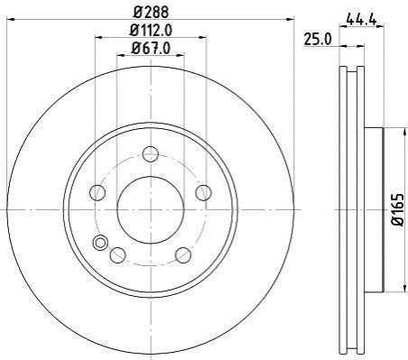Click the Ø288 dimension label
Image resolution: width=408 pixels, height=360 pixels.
click(151, 12)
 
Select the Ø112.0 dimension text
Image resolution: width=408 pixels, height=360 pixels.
click(151, 30)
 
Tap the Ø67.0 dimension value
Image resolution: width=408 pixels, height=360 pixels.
click(151, 48)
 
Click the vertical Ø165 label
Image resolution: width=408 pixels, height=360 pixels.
click(397, 209)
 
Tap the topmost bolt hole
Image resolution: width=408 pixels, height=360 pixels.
click(151, 154)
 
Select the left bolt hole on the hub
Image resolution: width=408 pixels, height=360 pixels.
click(97, 192)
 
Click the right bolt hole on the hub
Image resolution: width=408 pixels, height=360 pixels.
click(203, 192)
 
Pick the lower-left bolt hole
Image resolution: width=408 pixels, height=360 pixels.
click(118, 254)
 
